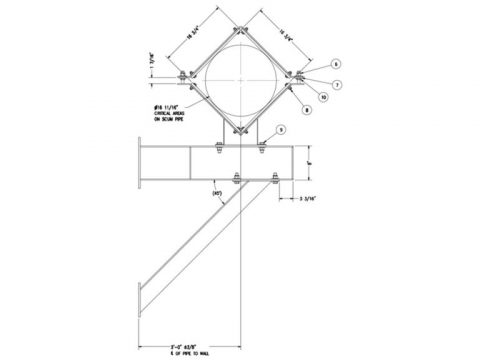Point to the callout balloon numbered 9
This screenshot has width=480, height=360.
pyautogui.click(x=281, y=129)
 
